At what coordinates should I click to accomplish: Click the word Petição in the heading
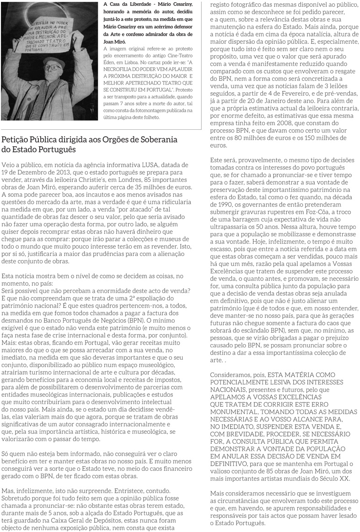pyautogui.click(x=16, y=140)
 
